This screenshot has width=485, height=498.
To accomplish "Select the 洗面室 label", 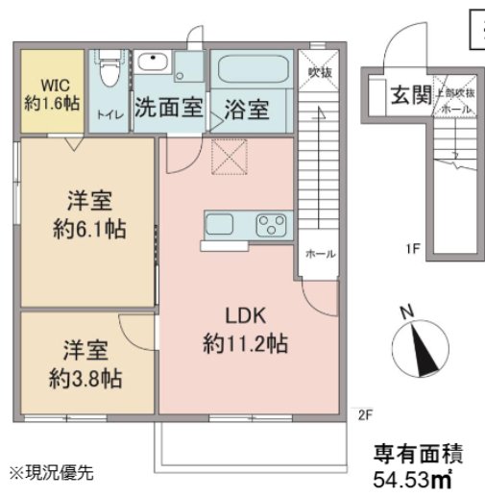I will (x=168, y=107).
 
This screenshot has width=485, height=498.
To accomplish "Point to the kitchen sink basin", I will (x=221, y=225).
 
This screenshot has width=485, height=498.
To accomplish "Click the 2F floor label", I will (x=364, y=414).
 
